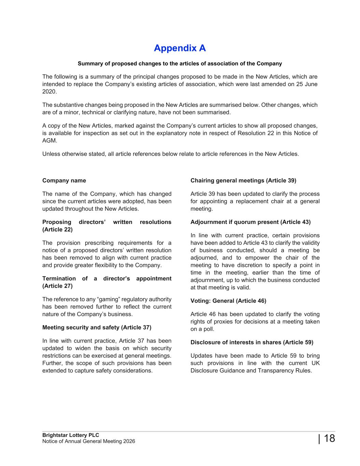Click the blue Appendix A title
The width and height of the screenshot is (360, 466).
click(180, 48)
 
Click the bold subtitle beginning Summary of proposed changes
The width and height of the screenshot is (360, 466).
click(180, 63)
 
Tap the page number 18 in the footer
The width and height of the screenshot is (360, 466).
click(329, 438)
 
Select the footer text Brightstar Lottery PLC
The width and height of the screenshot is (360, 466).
click(71, 435)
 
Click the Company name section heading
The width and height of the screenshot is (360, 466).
click(64, 181)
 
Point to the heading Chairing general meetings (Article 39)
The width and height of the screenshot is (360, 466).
click(243, 181)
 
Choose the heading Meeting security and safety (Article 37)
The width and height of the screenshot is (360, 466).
click(97, 327)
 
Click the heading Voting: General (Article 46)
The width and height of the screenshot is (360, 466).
click(228, 301)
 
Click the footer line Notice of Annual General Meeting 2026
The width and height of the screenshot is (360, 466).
click(89, 441)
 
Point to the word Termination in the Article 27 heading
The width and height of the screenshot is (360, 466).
click(59, 279)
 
